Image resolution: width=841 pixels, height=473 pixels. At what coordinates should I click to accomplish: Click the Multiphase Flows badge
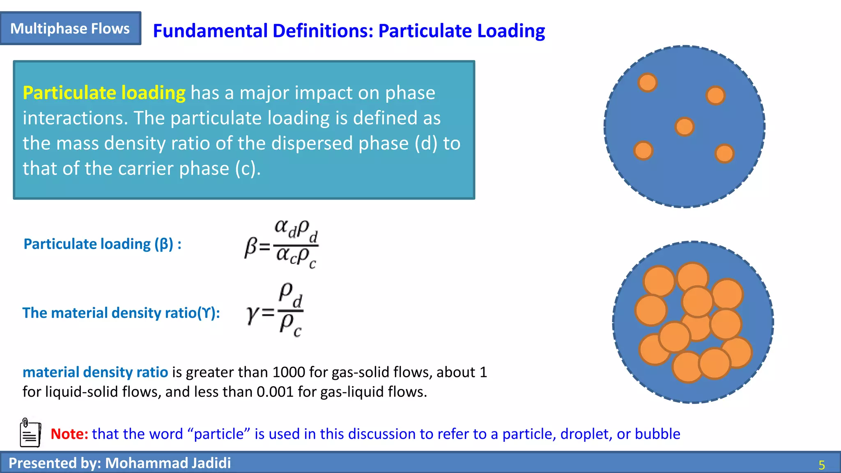pos(70,28)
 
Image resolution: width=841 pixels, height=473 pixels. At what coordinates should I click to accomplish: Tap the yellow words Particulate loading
pos(104,93)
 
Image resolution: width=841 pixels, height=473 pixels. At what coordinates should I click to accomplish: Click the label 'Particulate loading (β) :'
pos(102,244)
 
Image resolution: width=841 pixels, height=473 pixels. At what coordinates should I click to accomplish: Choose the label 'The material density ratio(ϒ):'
pos(121,313)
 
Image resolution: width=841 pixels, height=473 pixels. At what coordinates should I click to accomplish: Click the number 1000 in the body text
pos(289,372)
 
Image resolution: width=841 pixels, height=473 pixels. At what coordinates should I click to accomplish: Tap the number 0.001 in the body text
pos(275,392)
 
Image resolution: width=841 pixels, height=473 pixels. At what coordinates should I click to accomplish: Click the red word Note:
pos(69,434)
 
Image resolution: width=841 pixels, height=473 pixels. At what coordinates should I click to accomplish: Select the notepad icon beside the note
pos(30,433)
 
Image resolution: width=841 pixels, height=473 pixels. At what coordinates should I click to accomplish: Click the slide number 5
pos(821,465)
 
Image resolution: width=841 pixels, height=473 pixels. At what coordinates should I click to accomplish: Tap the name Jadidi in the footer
pos(208,463)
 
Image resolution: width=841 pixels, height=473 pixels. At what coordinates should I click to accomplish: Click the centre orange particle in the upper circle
pos(684,126)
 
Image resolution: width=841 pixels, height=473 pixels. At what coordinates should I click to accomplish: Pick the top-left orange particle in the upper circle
pos(648,83)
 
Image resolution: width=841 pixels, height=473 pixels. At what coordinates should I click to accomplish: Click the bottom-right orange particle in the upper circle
pos(724,154)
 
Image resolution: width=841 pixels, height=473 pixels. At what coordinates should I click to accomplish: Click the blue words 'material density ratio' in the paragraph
pos(95,372)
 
